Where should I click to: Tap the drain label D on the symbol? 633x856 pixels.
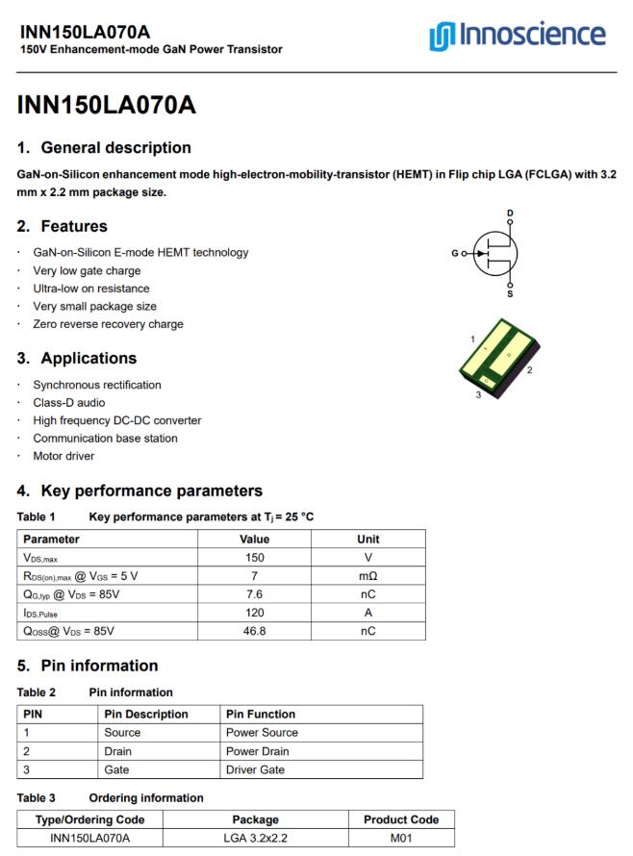tap(510, 212)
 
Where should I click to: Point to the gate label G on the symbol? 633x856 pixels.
tap(454, 254)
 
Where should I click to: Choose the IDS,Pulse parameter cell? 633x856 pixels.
tap(43, 612)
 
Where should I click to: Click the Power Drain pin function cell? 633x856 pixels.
tap(257, 751)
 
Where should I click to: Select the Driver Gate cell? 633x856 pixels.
tap(254, 769)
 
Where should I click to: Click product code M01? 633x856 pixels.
tap(401, 839)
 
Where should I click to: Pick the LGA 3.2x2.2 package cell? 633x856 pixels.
tap(256, 839)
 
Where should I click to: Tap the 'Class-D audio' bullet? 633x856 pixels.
tap(69, 403)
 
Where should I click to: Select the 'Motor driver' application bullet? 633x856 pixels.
tap(65, 456)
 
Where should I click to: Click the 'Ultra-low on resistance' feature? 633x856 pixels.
tap(91, 289)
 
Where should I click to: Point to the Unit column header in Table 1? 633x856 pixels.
tap(368, 539)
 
